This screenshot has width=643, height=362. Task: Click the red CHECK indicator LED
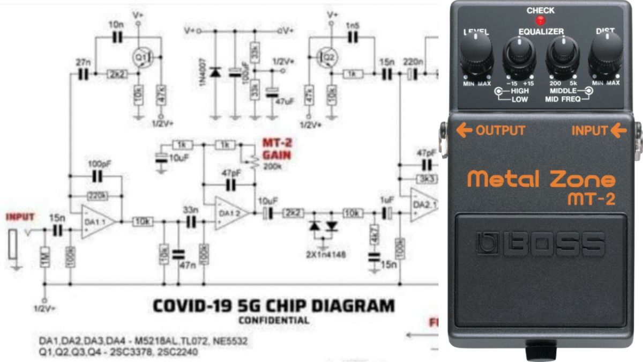(x=540, y=21)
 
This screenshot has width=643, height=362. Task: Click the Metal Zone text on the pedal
(x=541, y=178)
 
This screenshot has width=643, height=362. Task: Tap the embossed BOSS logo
(x=540, y=244)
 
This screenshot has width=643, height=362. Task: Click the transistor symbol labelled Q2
(x=326, y=55)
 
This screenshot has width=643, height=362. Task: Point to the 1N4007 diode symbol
(x=215, y=72)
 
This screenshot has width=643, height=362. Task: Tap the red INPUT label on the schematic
(x=20, y=217)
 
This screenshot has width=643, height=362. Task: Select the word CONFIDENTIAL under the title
(x=273, y=321)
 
